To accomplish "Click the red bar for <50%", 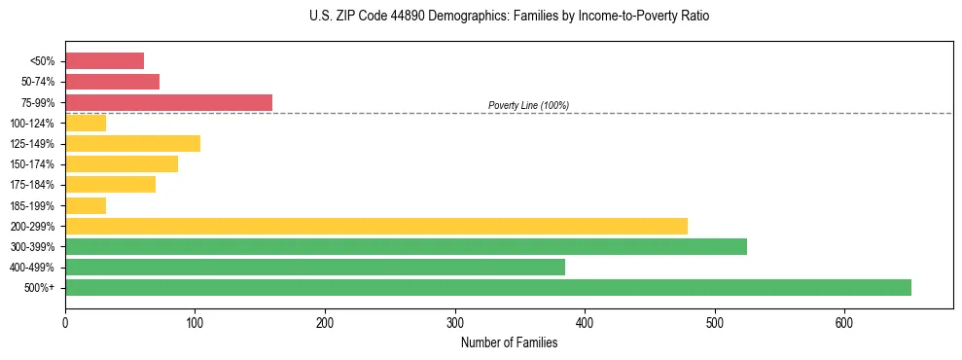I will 104,61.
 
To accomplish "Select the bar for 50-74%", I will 112,82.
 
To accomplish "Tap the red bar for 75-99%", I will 168,102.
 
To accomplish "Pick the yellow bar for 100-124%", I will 86,123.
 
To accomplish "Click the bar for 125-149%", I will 132,143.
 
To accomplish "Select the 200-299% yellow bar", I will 376,226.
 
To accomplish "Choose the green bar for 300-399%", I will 406,246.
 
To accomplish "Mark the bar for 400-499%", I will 315,267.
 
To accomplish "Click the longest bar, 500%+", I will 488,287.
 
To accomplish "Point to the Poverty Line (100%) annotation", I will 528,105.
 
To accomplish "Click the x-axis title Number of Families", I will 509,342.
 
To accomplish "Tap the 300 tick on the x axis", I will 454,322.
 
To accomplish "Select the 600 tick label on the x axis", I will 844,322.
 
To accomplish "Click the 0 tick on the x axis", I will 65,322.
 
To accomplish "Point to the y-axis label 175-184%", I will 32,185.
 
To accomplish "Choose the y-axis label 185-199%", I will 32,205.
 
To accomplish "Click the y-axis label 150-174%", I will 32,164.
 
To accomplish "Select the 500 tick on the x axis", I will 714,322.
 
